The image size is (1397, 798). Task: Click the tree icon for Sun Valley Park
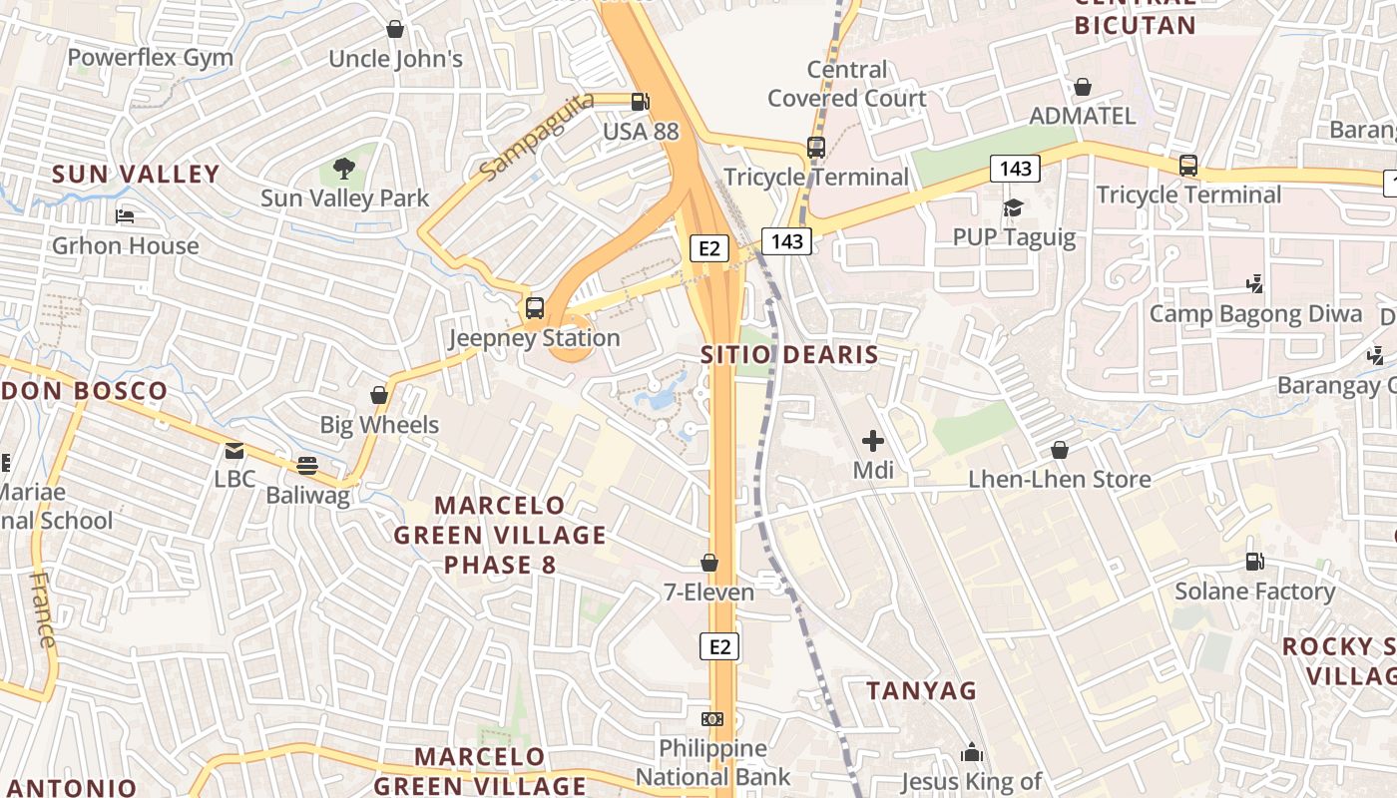[x=344, y=168]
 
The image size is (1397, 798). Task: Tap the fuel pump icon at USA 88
[x=640, y=101]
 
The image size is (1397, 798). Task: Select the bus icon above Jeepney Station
[x=535, y=307]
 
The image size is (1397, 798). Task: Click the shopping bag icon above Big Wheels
[x=379, y=395]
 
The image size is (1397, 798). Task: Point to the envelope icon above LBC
[x=234, y=451]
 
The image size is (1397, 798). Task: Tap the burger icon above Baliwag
[x=307, y=465]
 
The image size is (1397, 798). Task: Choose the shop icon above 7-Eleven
[x=709, y=563]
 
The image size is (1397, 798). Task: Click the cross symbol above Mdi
[x=873, y=440]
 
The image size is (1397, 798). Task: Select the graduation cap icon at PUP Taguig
[x=1014, y=207]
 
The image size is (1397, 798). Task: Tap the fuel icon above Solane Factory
[x=1255, y=562]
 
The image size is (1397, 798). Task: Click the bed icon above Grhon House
[x=125, y=215]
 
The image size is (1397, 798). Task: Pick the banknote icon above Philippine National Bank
[x=712, y=718]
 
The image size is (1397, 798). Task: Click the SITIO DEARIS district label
[x=789, y=354]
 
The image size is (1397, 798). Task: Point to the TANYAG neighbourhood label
[x=921, y=690]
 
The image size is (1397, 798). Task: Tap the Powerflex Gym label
[x=151, y=58]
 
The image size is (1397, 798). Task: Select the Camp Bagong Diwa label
[x=1255, y=314]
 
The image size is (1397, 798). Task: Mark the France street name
[x=42, y=609]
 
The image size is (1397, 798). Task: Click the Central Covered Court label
[x=847, y=84]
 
